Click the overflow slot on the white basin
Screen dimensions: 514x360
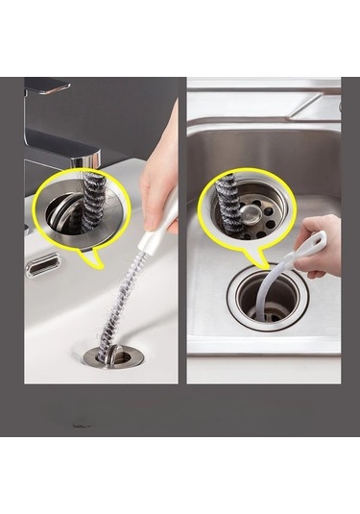pyautogui.click(x=42, y=264)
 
